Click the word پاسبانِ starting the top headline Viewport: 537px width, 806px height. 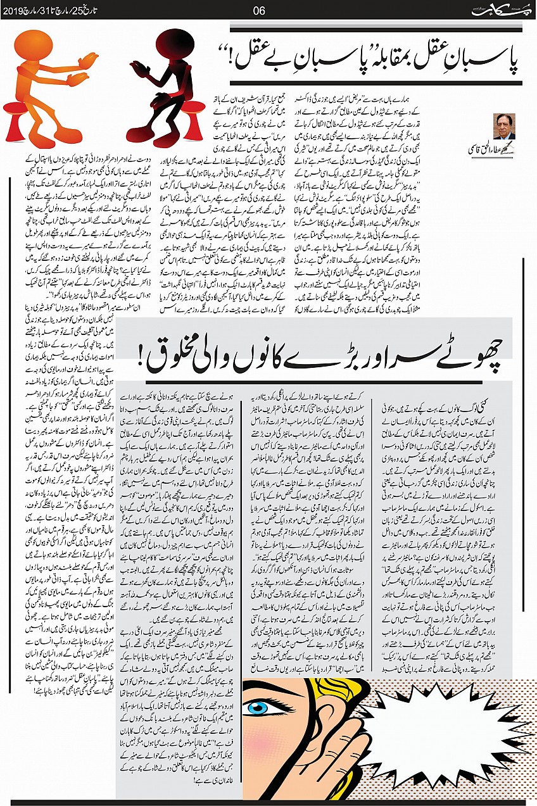(486, 61)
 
